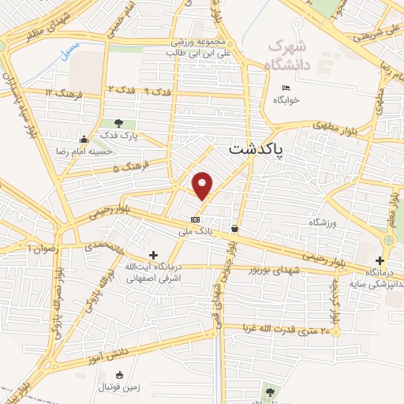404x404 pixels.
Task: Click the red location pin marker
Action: point(203,186)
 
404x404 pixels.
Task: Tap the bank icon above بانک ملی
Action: point(195,219)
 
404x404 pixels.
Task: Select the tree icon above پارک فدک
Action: point(118,123)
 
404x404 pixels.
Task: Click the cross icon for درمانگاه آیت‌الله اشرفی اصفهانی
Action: point(154,254)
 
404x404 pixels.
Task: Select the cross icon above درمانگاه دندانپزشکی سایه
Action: point(380,260)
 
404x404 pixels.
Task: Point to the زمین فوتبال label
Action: point(122,387)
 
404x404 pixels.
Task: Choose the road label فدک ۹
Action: point(160,92)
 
